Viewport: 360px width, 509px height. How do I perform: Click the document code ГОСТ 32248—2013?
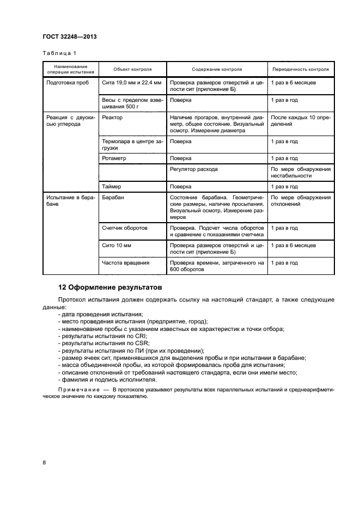(x=66, y=37)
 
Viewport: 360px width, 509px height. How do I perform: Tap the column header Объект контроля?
(x=132, y=70)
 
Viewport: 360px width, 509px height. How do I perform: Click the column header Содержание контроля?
(x=217, y=70)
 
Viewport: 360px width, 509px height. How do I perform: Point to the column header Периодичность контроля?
(x=301, y=70)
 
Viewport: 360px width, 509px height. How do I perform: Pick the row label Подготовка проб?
(x=68, y=83)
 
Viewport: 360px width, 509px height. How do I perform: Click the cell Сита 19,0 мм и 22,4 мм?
(x=131, y=83)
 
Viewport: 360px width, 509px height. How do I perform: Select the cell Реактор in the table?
(x=112, y=118)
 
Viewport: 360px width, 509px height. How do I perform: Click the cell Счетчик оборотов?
(x=125, y=228)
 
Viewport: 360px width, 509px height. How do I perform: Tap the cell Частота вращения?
(x=126, y=263)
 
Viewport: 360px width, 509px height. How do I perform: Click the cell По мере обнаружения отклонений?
(x=301, y=201)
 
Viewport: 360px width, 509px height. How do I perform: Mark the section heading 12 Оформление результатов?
(x=110, y=287)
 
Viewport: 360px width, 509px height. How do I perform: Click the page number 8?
(x=44, y=462)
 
